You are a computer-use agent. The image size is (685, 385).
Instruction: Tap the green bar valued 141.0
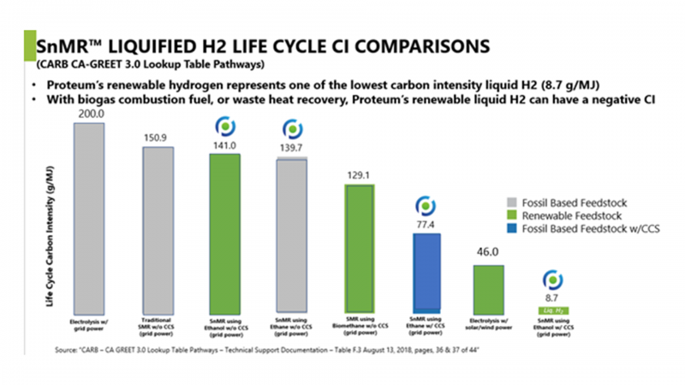(x=223, y=231)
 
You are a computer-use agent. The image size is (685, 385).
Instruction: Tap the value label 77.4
(x=426, y=223)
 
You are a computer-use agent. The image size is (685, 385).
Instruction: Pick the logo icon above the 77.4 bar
(x=426, y=206)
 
